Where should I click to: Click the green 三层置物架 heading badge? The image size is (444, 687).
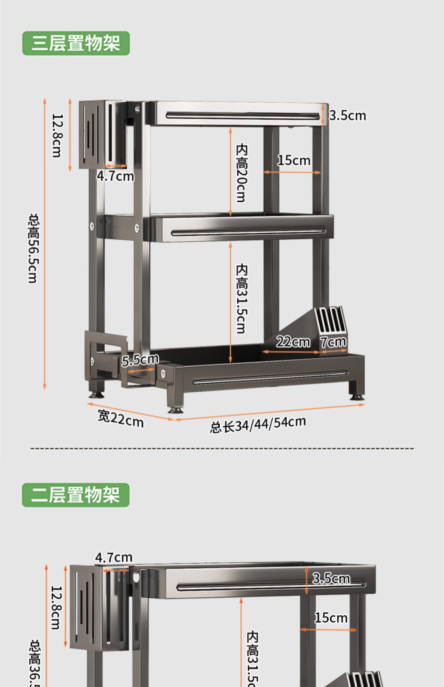tap(76, 43)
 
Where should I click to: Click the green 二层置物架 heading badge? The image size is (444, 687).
tap(76, 495)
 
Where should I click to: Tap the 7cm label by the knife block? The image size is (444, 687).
tap(334, 342)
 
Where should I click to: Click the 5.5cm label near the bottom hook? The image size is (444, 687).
tap(140, 360)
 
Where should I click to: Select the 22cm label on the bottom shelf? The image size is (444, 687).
tap(293, 342)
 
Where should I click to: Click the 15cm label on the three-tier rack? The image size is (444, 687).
tap(294, 161)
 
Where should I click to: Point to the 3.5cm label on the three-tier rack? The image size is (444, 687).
tap(348, 116)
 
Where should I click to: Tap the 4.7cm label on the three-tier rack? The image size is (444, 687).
tap(115, 176)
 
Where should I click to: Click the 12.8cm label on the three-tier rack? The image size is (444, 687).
tap(57, 136)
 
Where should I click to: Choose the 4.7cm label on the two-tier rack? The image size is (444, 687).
tap(113, 558)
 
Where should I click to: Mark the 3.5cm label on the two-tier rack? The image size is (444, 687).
tap(331, 578)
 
